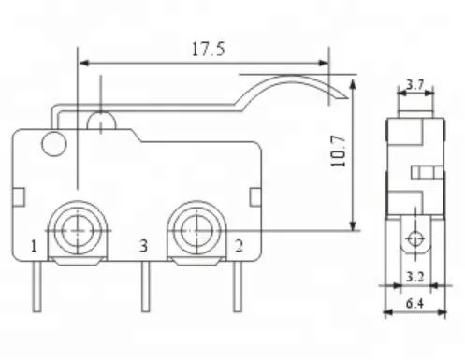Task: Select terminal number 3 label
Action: (143, 247)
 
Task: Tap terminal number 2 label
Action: (240, 247)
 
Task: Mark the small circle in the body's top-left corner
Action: (53, 143)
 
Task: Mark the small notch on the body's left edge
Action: (18, 194)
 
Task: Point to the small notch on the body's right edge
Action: (254, 194)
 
